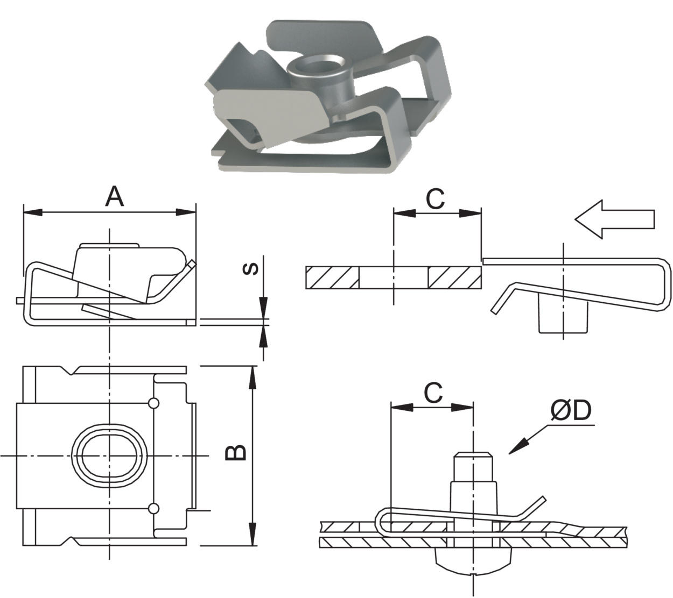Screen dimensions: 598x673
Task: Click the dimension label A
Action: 114,197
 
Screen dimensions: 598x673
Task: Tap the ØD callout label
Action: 571,411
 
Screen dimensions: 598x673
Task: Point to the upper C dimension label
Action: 435,198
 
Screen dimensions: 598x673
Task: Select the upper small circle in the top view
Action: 153,403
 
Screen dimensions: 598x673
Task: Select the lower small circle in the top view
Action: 153,508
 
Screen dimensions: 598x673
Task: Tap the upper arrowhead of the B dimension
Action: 251,376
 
